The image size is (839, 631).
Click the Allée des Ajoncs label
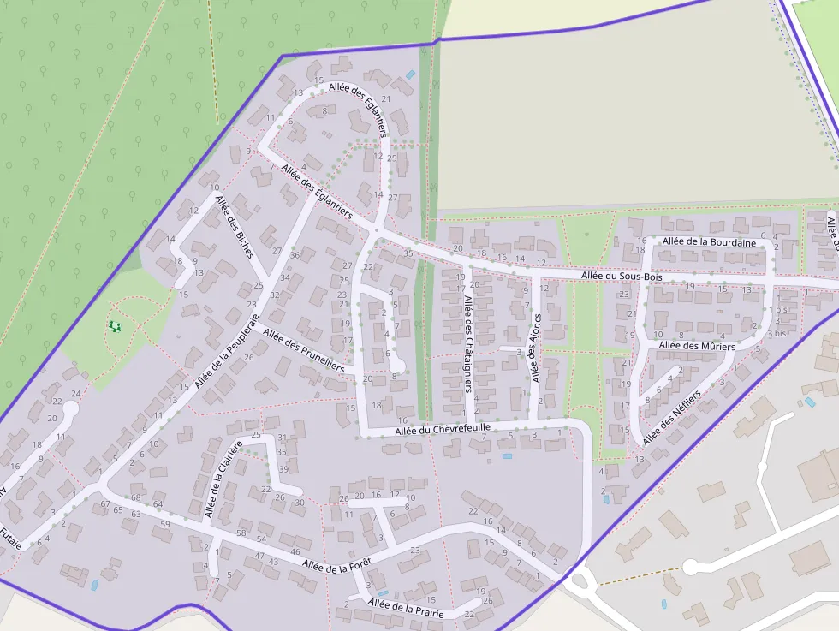tap(536, 347)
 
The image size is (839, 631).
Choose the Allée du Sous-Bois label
tap(621, 277)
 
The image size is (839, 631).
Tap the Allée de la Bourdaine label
tap(709, 242)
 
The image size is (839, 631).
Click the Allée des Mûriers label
tap(697, 346)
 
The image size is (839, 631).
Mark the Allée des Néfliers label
tap(671, 417)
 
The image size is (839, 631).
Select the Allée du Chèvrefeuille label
tap(443, 429)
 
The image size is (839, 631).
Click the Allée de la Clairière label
tap(220, 479)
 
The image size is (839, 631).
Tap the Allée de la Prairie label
tap(406, 609)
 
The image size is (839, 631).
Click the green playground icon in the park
tap(115, 326)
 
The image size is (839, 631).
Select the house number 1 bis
tap(777, 309)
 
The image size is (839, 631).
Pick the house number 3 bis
tap(776, 333)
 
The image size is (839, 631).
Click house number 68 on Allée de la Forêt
tap(135, 497)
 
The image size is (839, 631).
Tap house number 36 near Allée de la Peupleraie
tap(295, 255)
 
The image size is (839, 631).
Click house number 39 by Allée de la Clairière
tap(283, 469)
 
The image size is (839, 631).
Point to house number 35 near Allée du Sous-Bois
tap(408, 253)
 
